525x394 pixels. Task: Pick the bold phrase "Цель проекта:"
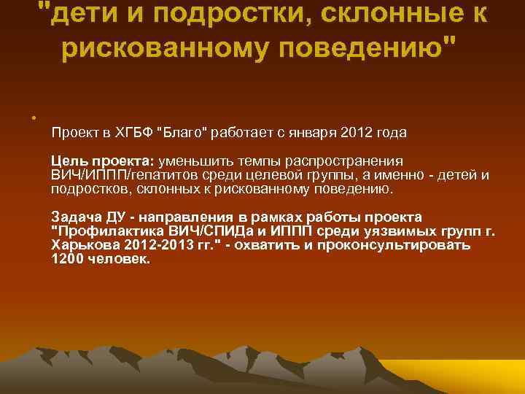(x=98, y=161)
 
